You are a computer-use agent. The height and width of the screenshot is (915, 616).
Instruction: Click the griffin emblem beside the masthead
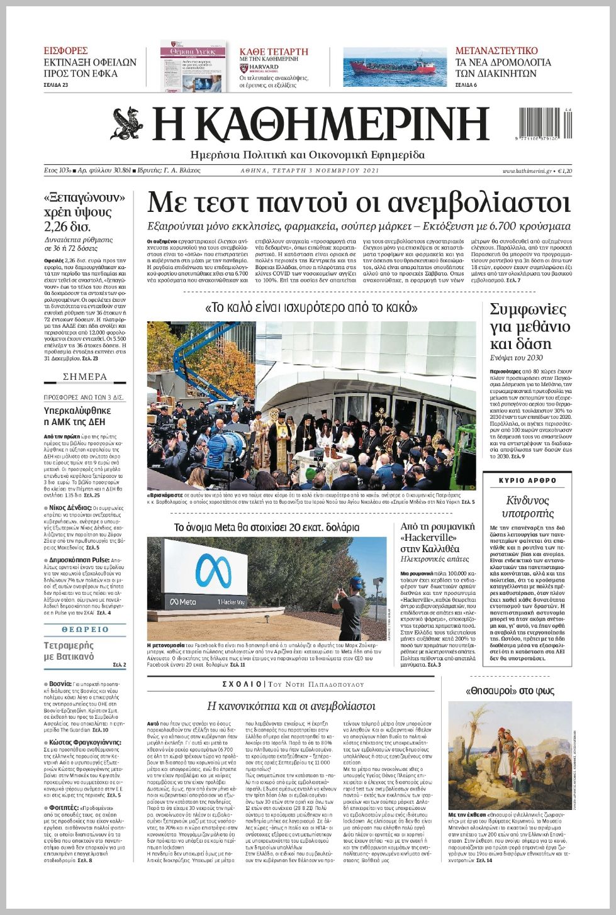tap(128, 123)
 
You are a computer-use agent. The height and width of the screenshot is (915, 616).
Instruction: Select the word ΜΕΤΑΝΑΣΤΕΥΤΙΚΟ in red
tap(496, 51)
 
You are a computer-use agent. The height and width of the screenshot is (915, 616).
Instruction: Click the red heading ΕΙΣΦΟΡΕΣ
tap(65, 51)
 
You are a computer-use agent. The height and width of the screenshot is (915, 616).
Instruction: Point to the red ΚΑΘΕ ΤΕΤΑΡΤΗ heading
tap(274, 52)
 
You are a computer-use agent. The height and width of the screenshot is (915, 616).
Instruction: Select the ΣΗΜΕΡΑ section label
tap(85, 377)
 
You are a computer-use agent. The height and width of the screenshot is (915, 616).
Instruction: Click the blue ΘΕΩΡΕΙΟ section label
tap(85, 629)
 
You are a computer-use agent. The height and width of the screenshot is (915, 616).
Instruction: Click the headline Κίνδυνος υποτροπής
tap(527, 507)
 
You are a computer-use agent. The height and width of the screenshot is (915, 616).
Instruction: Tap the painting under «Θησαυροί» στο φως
tap(509, 755)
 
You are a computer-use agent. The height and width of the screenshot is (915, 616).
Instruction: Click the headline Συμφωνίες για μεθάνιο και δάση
tap(529, 326)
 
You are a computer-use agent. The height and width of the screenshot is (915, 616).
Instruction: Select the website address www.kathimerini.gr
tap(527, 170)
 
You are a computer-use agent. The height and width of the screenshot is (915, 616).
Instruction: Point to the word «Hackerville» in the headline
tap(429, 538)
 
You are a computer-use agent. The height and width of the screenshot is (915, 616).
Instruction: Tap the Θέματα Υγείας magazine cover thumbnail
tap(193, 67)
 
